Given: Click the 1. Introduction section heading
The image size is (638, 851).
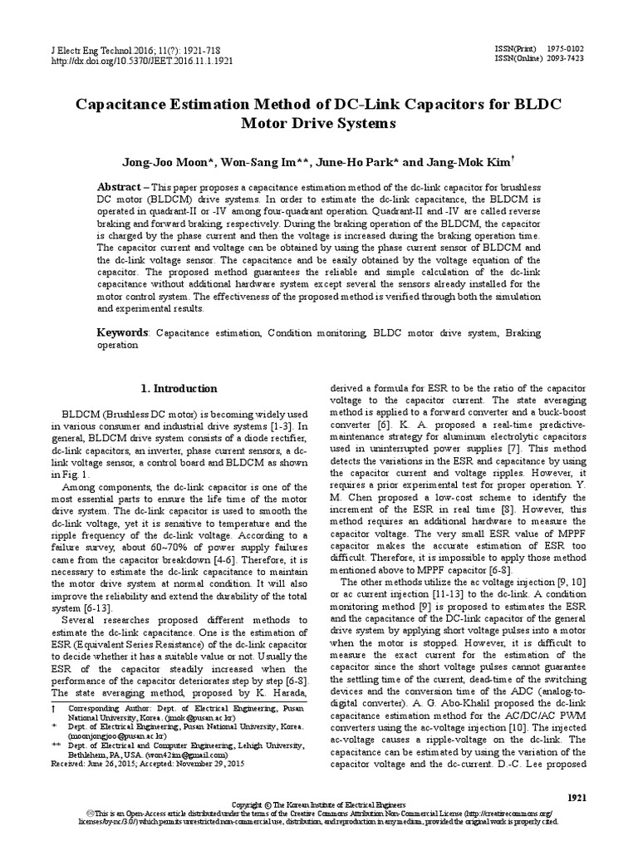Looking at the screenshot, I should tap(179, 388).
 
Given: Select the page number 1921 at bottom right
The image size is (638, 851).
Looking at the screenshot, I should tap(577, 796).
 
